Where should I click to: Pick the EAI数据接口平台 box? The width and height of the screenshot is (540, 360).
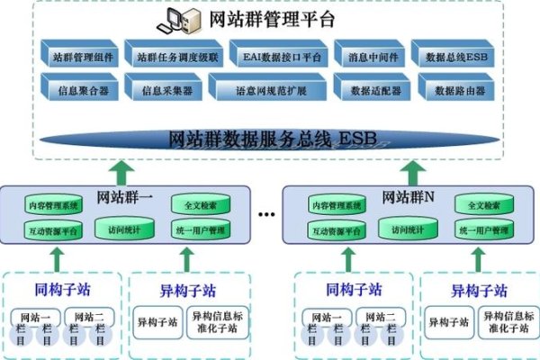click(267, 56)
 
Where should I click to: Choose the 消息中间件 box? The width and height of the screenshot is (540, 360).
click(369, 56)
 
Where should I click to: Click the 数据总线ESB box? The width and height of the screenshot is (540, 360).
click(456, 56)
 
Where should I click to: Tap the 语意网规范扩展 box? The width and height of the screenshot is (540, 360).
click(267, 88)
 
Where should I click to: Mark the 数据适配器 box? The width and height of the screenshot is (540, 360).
click(369, 88)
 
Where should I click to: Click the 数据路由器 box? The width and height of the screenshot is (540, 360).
click(456, 88)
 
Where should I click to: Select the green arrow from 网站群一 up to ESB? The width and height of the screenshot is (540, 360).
click(123, 170)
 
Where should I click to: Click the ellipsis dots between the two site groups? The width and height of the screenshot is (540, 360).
click(266, 216)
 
